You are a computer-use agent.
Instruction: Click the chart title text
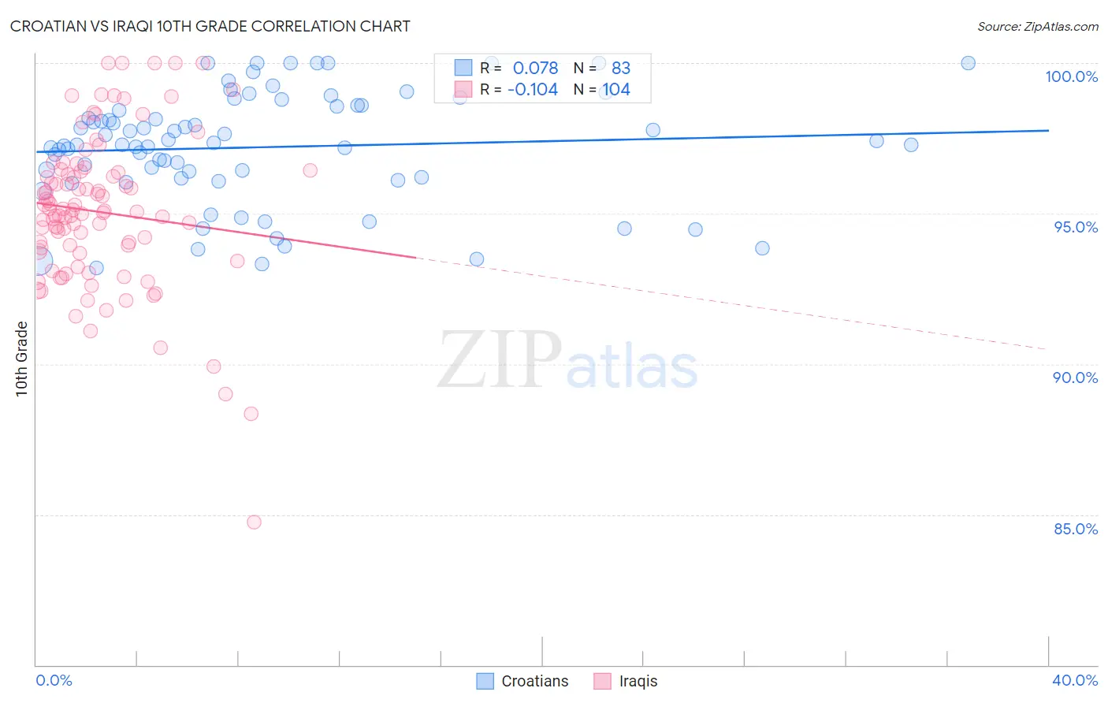(210, 26)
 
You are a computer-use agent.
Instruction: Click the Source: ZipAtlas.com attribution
(1037, 26)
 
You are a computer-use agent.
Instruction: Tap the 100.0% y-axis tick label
(1071, 76)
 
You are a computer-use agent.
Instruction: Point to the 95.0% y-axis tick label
(1076, 227)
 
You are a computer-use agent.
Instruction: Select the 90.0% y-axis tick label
(1075, 378)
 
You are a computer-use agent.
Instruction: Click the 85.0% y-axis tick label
(1075, 529)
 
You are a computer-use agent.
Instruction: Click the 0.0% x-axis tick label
(54, 680)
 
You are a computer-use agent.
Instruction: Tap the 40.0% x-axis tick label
(1074, 680)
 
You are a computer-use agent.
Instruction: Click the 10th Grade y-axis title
(21, 359)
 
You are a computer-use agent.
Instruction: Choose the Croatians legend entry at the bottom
(522, 681)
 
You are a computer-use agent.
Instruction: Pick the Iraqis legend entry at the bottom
(626, 681)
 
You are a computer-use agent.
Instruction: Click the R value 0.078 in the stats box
(535, 69)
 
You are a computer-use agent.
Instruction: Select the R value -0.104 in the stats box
(532, 90)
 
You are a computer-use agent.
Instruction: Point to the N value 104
(616, 90)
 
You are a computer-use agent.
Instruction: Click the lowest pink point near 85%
(254, 522)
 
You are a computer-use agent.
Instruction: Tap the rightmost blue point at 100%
(968, 63)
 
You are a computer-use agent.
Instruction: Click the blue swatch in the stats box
(463, 69)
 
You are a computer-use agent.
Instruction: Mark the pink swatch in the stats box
(463, 90)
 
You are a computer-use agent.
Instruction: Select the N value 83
(621, 69)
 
